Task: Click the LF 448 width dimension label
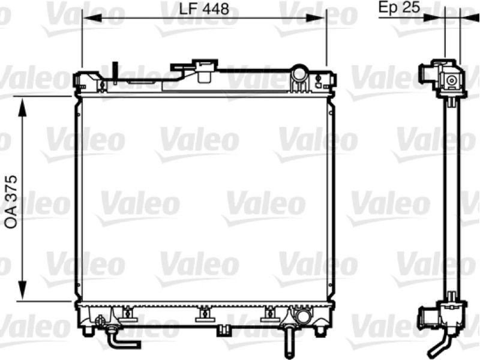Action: [204, 8]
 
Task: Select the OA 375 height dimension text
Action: [12, 202]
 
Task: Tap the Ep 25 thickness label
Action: [399, 7]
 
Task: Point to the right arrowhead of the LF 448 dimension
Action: [316, 19]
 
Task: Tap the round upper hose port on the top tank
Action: [299, 73]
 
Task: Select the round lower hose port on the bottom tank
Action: [302, 316]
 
